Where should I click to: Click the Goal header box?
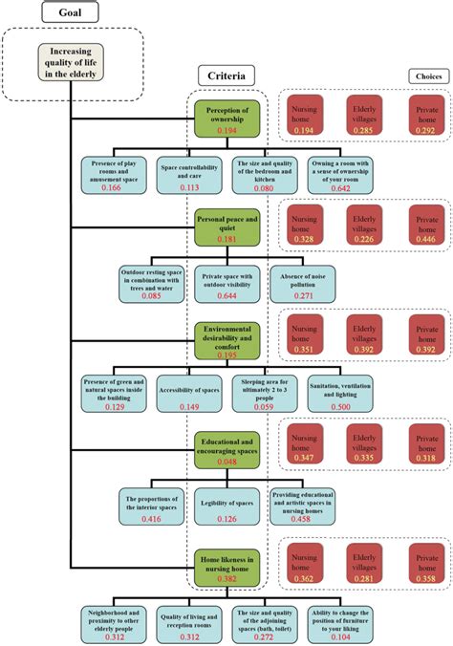72,14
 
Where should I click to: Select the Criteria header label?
226,75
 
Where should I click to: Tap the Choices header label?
428,76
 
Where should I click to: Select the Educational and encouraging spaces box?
226,449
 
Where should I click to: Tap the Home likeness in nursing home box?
226,566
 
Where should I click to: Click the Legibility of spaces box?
226,507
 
